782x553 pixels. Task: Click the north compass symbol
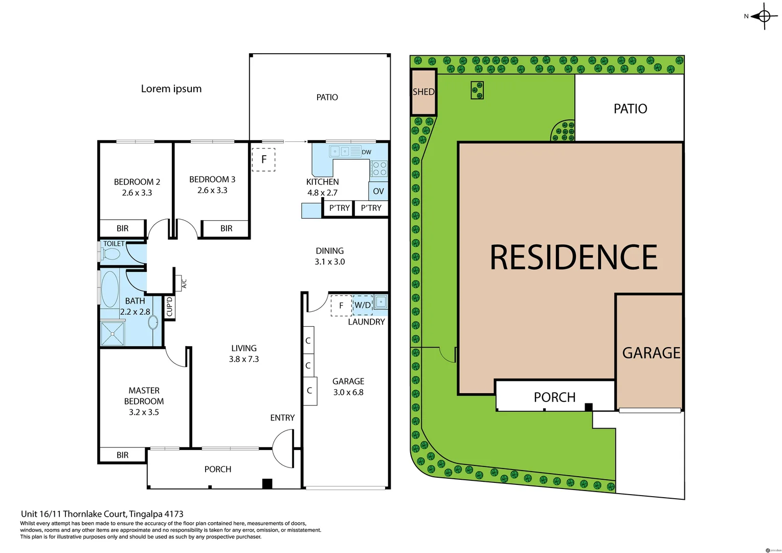coord(764,16)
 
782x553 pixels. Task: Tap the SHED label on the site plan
coord(423,92)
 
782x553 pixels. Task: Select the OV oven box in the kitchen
coord(378,192)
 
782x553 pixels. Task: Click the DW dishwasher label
coord(367,152)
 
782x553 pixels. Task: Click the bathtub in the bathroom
coord(110,289)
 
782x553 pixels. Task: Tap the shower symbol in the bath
coord(113,333)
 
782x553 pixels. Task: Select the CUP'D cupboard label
coord(169,307)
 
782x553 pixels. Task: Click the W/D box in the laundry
coord(363,305)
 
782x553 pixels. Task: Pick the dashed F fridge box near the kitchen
coord(264,159)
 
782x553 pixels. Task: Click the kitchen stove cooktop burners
coord(379,168)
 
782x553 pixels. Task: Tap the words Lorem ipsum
coord(171,89)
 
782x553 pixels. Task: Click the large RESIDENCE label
coord(573,257)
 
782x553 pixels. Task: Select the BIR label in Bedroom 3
coord(227,228)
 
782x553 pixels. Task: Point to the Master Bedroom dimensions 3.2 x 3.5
coord(144,412)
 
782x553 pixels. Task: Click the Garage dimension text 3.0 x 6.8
coord(348,392)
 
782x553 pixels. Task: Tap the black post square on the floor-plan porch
coord(267,483)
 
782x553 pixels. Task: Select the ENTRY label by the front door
coord(282,418)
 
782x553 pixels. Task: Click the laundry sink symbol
coord(381,302)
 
